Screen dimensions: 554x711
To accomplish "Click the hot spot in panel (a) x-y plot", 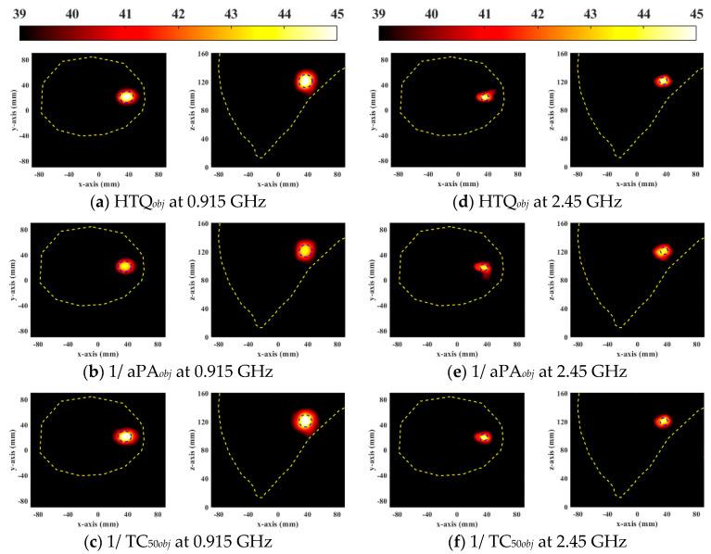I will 127,96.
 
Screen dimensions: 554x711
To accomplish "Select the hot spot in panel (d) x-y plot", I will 485,95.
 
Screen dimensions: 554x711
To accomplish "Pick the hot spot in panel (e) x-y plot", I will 484,268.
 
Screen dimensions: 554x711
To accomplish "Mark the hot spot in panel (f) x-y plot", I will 483,437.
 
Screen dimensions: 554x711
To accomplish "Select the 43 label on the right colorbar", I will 590,12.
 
